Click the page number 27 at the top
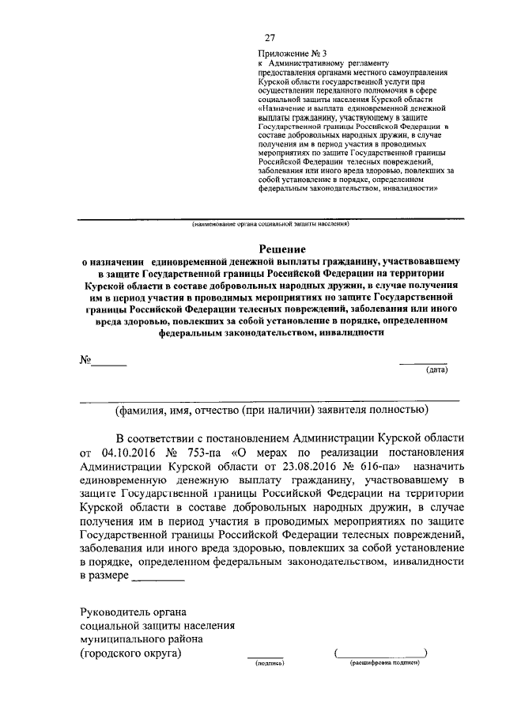[270, 38]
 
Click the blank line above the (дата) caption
[423, 363]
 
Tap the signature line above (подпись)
[266, 656]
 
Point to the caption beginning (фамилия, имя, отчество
[271, 410]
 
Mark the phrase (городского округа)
[130, 653]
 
